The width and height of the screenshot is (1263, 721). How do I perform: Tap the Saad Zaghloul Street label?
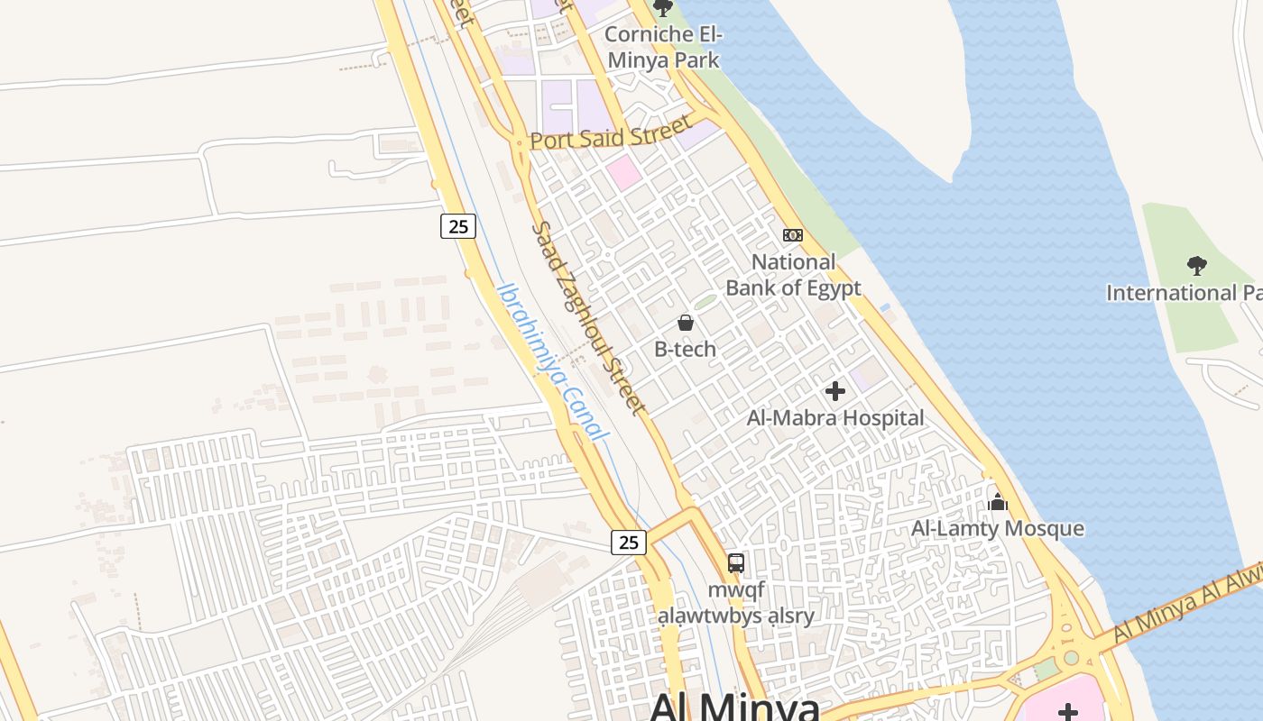588,319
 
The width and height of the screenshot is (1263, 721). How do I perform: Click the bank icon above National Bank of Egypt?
792,235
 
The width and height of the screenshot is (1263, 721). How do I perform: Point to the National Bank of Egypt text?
793,275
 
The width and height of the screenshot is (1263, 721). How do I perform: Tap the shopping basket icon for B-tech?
686,323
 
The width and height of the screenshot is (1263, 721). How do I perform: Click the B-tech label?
686,349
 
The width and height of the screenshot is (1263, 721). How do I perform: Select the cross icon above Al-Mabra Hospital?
835,391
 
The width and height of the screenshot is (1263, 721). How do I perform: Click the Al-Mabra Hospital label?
835,418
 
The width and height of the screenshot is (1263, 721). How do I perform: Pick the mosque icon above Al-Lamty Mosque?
998,502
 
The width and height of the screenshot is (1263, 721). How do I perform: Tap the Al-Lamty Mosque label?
998,528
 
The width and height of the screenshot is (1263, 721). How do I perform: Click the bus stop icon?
736,563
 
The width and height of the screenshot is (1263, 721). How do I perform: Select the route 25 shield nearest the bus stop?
629,542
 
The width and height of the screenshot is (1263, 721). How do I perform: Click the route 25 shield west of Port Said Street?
458,226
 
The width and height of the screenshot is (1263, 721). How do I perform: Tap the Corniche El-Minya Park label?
663,47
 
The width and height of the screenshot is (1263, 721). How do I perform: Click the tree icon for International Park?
1196,266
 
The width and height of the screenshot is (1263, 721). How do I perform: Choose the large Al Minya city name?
734,706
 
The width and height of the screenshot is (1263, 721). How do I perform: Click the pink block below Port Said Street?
623,172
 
